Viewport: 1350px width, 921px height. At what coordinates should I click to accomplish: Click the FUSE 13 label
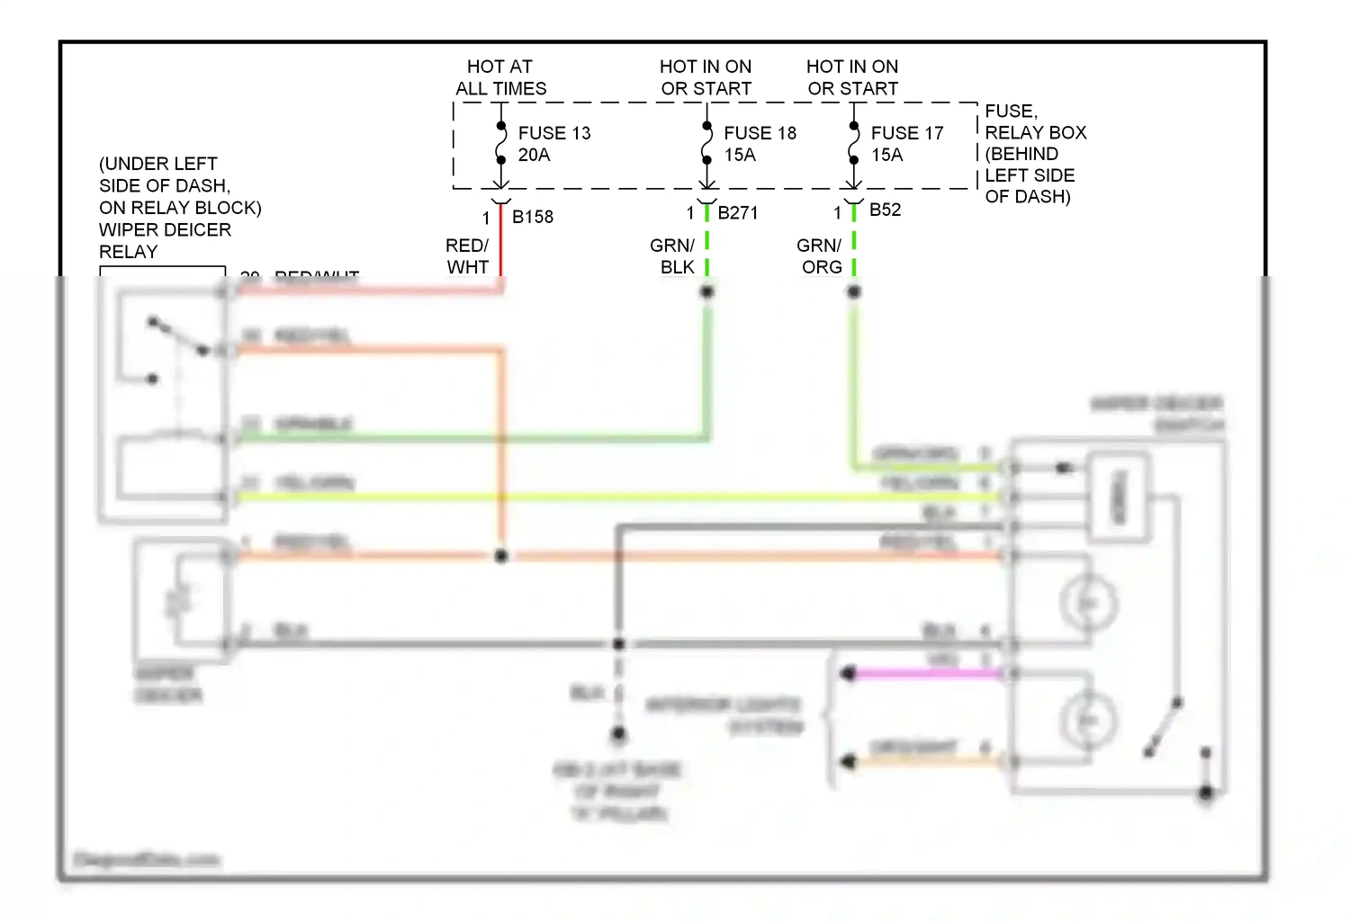[x=553, y=133]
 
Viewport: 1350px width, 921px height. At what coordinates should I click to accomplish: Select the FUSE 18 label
[x=760, y=133]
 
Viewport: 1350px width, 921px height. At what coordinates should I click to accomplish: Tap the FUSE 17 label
[x=906, y=133]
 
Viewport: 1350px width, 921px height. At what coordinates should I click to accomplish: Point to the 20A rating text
[x=534, y=155]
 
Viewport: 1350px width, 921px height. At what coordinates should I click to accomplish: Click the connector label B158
[x=532, y=217]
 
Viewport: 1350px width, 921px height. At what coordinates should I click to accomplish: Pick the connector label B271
[x=737, y=213]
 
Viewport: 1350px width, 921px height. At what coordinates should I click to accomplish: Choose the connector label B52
[x=885, y=210]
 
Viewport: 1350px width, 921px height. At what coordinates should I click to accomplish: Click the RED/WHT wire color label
[x=467, y=256]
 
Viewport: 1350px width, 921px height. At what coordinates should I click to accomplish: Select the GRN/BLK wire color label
[x=672, y=256]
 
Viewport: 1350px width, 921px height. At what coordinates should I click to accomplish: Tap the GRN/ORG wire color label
[x=819, y=256]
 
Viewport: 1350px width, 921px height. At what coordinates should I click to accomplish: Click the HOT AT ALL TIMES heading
[x=500, y=77]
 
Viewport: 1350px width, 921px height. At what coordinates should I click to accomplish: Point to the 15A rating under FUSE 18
[x=740, y=155]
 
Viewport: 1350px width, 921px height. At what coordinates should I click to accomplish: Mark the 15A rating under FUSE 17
[x=886, y=155]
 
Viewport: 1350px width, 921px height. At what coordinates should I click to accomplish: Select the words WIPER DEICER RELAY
[x=165, y=241]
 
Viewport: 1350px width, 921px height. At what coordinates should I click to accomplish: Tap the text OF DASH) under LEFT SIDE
[x=1027, y=196]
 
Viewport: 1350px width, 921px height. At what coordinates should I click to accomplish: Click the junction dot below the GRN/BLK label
[x=707, y=291]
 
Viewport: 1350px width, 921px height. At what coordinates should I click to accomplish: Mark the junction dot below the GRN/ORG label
[x=854, y=291]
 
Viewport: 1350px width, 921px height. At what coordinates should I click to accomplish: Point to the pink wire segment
[x=927, y=674]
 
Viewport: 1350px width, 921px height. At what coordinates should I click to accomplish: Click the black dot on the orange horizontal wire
[x=501, y=557]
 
